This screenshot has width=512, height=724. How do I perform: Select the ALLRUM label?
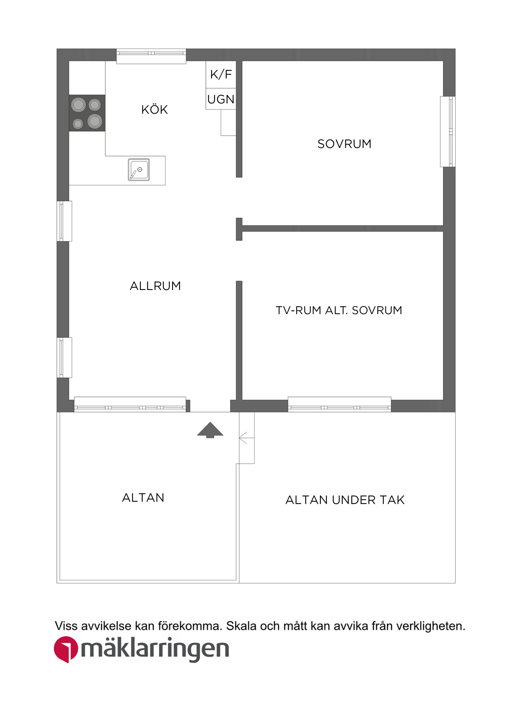[155, 286]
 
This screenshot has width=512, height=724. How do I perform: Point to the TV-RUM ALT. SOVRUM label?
[339, 310]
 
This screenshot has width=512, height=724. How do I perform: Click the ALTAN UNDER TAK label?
[345, 500]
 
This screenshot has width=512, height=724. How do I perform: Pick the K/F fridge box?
[221, 74]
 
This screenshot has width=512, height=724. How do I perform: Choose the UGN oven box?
[221, 99]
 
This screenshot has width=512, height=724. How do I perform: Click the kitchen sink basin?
[139, 170]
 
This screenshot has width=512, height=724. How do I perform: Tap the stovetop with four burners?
[87, 113]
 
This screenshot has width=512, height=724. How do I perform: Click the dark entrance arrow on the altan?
[210, 430]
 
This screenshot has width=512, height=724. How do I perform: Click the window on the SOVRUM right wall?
[448, 131]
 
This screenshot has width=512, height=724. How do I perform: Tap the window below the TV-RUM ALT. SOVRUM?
[339, 404]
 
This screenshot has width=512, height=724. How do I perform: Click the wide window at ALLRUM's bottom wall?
[130, 404]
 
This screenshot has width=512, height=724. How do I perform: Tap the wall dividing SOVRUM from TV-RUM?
[343, 229]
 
